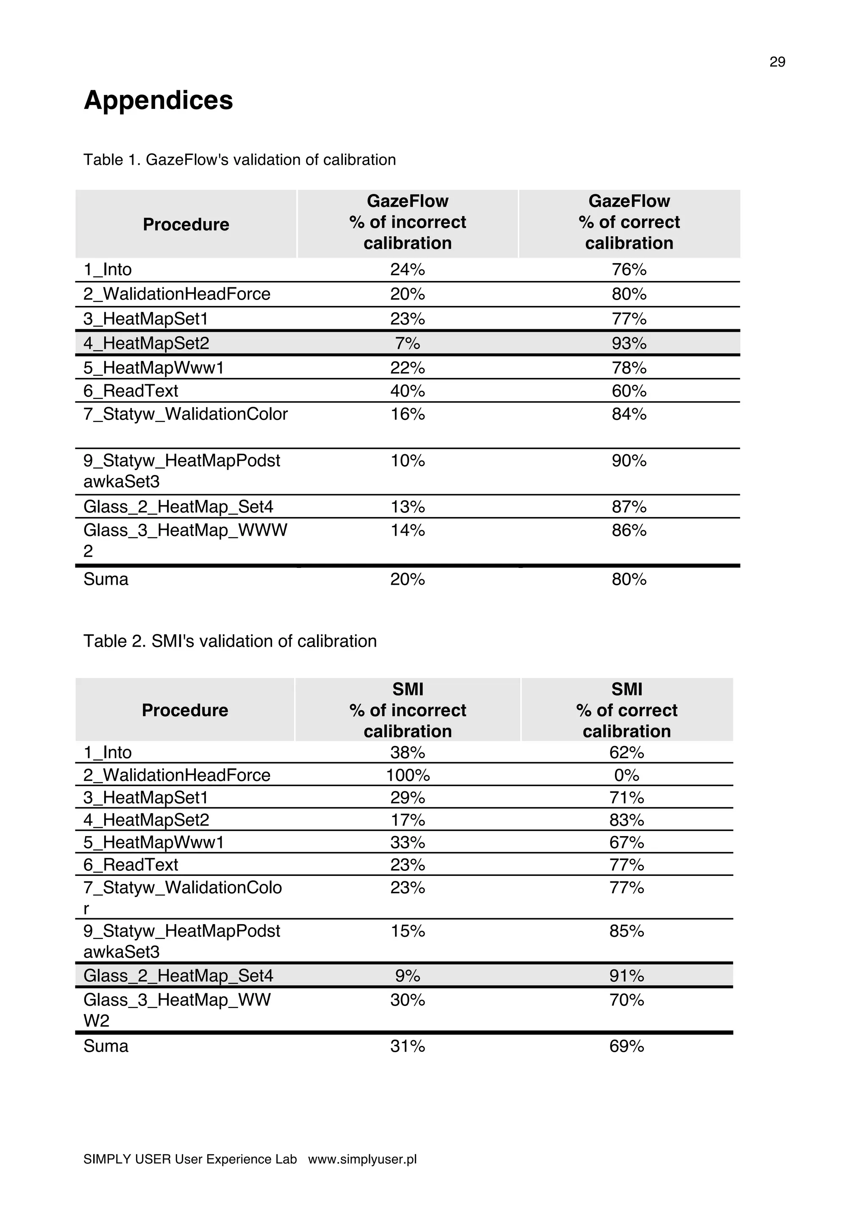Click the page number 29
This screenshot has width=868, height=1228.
click(x=777, y=62)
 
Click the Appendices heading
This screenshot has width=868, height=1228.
click(x=159, y=100)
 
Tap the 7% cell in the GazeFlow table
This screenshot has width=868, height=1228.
click(x=408, y=343)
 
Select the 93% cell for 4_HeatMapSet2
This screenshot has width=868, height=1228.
click(x=629, y=343)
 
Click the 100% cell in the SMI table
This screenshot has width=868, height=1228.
click(x=408, y=775)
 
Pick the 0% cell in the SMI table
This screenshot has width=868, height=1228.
click(x=626, y=775)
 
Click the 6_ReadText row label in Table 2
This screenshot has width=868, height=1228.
click(x=131, y=865)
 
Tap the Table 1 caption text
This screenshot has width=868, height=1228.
click(x=239, y=160)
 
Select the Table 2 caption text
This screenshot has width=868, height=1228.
click(x=230, y=641)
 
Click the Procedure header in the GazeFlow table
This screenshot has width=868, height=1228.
click(x=186, y=225)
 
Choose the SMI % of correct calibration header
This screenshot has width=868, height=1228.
click(x=626, y=710)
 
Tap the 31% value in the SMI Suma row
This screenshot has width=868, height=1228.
click(x=408, y=1046)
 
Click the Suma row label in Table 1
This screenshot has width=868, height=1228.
click(x=106, y=579)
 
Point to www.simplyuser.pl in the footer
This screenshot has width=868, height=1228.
click(x=362, y=1159)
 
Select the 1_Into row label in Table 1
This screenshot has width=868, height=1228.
click(x=108, y=269)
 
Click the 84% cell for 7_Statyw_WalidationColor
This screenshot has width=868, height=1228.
click(x=629, y=414)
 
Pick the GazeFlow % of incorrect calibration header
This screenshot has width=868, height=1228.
click(x=408, y=222)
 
